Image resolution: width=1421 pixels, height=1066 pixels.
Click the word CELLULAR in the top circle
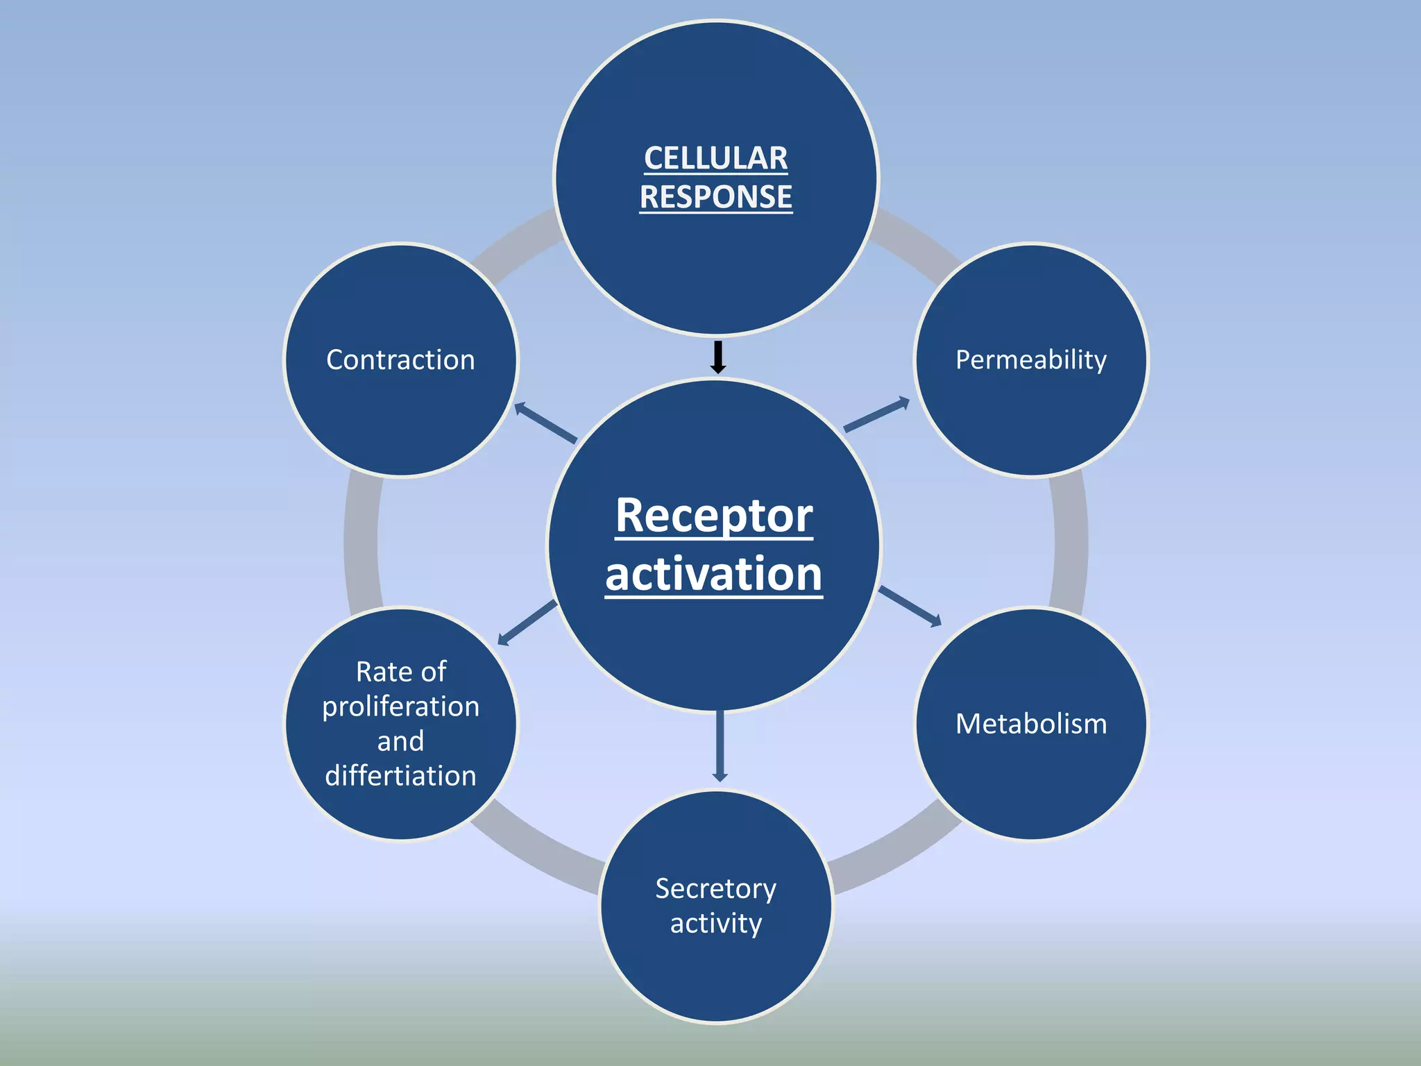click(x=715, y=159)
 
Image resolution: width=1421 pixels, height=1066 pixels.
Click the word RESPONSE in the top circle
click(x=715, y=197)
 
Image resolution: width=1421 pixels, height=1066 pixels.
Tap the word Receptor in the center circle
click(x=714, y=516)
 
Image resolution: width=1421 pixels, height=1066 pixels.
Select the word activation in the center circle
click(x=714, y=574)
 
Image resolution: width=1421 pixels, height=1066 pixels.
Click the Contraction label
click(x=400, y=360)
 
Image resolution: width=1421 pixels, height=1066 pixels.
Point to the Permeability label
click(x=1031, y=360)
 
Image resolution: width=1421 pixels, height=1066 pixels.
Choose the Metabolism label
click(x=1031, y=724)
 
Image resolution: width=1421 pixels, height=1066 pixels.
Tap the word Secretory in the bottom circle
click(x=715, y=889)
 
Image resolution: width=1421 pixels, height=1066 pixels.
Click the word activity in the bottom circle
click(x=715, y=924)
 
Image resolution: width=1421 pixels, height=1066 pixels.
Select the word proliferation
click(x=400, y=707)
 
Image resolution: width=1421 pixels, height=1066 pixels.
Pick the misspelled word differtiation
click(x=400, y=776)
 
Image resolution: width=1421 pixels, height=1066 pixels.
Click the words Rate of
click(x=400, y=672)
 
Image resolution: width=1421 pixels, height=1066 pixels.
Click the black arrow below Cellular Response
click(x=718, y=357)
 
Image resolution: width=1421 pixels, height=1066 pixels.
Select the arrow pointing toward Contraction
click(x=545, y=423)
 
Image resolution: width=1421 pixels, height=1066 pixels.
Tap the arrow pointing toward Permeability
click(x=876, y=415)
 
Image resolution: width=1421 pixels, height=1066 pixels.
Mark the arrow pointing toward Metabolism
click(x=910, y=606)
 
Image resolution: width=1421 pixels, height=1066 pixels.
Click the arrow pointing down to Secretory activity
click(x=720, y=746)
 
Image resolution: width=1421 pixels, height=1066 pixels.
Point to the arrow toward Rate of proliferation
click(x=527, y=623)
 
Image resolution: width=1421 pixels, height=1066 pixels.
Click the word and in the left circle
click(x=400, y=741)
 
